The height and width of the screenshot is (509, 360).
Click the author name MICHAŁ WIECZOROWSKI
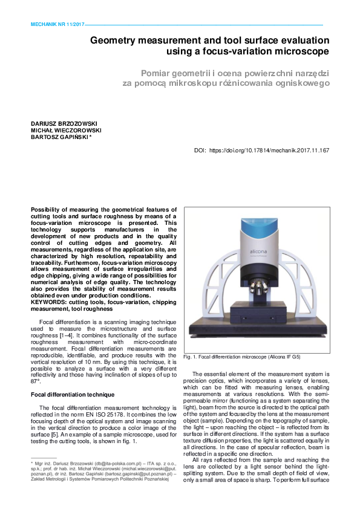point(66,130)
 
